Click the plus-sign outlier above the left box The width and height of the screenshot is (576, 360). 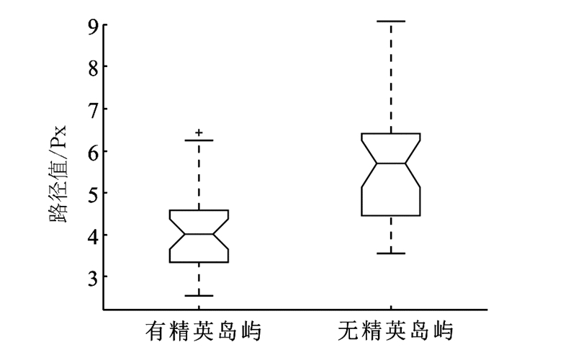[x=199, y=132]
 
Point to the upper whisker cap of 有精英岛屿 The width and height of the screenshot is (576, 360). [x=199, y=140]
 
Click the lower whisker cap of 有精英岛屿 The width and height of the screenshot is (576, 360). [x=199, y=295]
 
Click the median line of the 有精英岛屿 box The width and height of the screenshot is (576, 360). [x=199, y=234]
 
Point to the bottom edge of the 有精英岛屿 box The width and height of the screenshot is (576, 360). [x=199, y=262]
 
